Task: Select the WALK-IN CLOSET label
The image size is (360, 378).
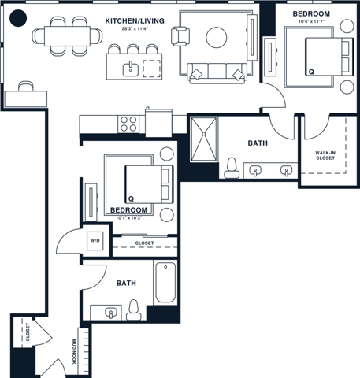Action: [325, 154]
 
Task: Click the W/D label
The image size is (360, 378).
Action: [95, 240]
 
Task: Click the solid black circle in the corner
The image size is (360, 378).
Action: [19, 18]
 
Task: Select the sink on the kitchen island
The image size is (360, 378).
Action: [131, 69]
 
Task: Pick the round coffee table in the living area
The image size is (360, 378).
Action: [216, 36]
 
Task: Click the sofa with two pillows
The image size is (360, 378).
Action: [216, 72]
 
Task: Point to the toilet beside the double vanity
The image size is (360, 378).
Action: [232, 166]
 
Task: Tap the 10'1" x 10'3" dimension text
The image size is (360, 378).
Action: [129, 218]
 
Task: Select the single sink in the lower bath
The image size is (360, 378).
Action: [111, 313]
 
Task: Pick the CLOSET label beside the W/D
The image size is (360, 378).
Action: [144, 243]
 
